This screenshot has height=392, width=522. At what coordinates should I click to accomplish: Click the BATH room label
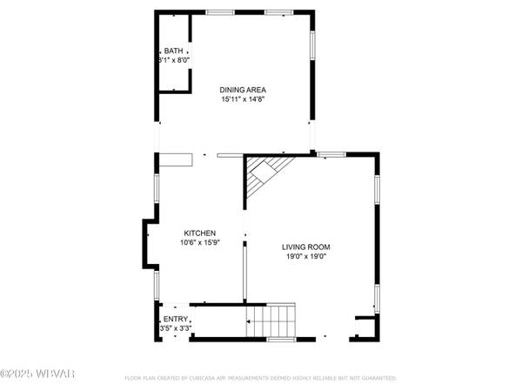[172, 51]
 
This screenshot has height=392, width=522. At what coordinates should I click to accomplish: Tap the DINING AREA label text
[243, 90]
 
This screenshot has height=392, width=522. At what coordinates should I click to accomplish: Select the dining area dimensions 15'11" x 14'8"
[243, 99]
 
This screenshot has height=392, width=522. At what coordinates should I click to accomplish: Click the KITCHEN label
[199, 233]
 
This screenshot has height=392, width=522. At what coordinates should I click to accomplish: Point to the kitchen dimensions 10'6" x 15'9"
[199, 243]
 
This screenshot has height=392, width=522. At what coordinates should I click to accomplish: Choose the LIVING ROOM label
[305, 247]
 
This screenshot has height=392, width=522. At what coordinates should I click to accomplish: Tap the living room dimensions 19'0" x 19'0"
[305, 257]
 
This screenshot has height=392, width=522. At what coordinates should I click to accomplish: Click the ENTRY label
[175, 319]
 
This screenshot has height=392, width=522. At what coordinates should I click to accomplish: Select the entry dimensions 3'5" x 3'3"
[175, 329]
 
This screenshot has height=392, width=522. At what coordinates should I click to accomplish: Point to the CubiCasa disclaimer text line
[261, 379]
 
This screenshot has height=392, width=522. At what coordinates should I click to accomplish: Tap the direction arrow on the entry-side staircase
[251, 323]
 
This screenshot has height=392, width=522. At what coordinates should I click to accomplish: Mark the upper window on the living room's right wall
[377, 188]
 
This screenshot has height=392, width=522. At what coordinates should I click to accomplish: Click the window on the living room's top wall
[331, 155]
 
